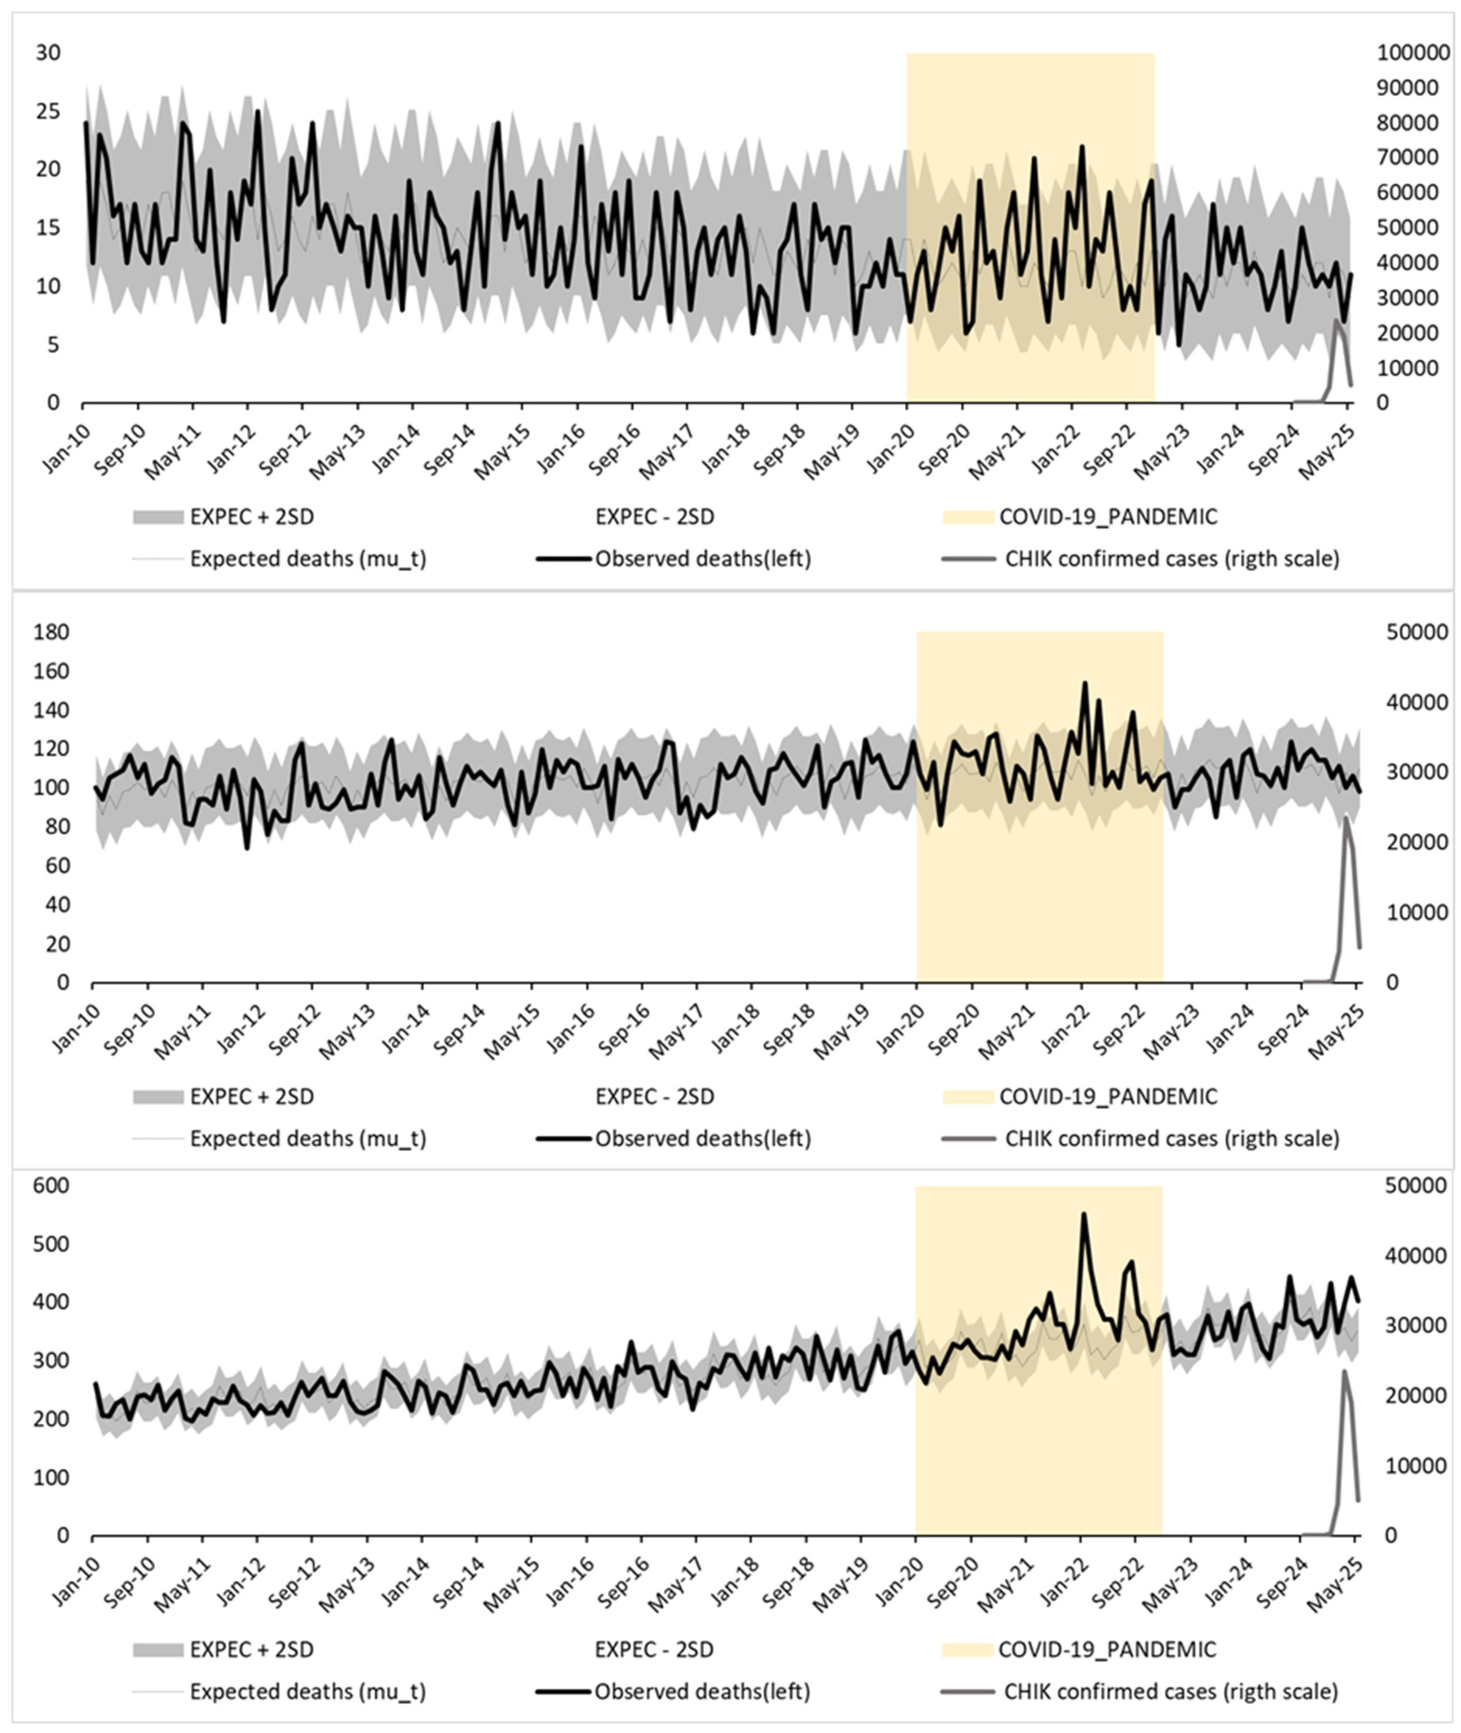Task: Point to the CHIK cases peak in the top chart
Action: point(1335,321)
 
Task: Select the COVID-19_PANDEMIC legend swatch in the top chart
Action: point(967,517)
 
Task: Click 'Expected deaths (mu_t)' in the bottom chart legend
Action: point(308,1691)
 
